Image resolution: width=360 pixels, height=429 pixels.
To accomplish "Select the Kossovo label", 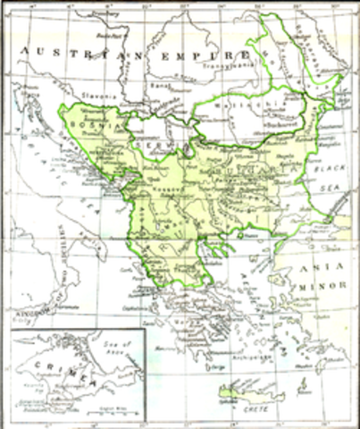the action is pyautogui.click(x=165, y=191).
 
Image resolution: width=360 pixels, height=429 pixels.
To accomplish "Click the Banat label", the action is pyautogui.click(x=161, y=87).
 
